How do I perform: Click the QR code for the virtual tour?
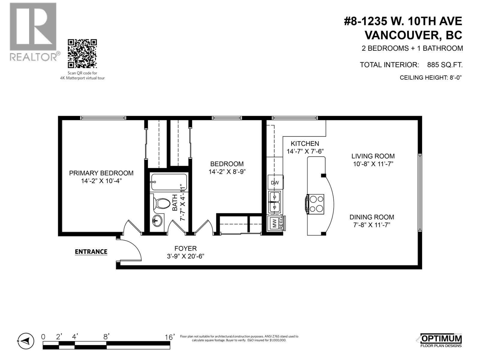point(82,54)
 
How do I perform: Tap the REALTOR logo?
point(33,32)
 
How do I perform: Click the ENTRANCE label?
point(91,252)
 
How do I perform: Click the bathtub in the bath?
point(169,182)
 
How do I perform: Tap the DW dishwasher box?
point(275,183)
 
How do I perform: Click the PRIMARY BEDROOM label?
point(101,173)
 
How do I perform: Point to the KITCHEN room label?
point(305,144)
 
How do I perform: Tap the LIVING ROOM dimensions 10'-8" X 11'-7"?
point(373,164)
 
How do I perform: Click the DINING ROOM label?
point(372,217)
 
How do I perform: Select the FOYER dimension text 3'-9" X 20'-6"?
point(186,256)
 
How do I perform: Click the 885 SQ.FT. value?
point(445,65)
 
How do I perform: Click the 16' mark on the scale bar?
point(169,337)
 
